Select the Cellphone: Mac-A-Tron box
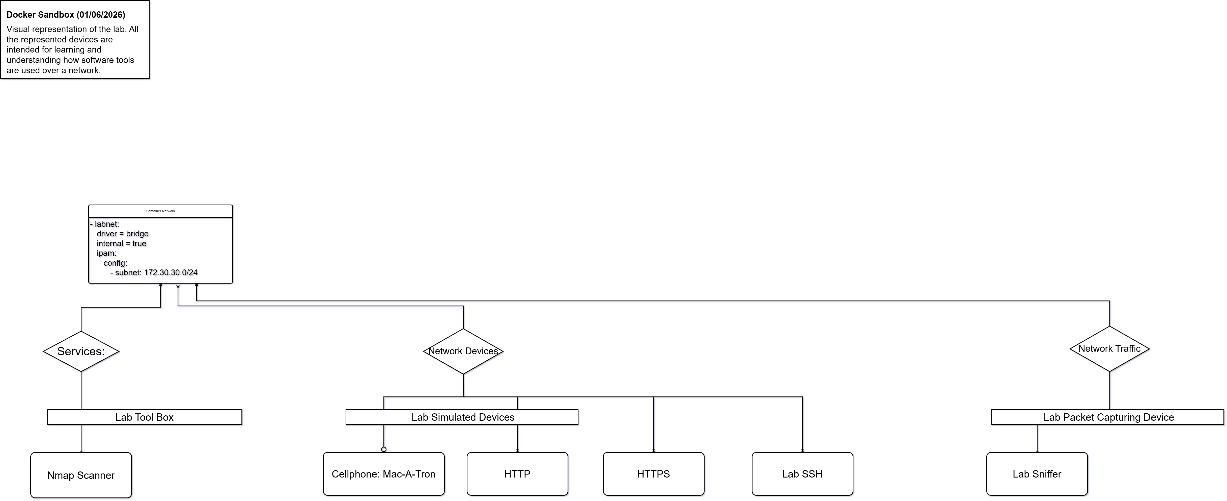383,474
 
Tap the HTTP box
517,474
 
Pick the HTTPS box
654,474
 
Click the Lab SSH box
802,474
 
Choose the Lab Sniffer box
1037,474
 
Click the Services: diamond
81,351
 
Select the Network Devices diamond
463,351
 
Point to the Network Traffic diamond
1109,348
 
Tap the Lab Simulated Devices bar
462,417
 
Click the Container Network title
160,211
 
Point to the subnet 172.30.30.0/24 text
156,273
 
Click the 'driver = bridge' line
122,234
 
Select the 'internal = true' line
121,244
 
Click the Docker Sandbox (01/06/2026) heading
66,15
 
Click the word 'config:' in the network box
115,263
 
